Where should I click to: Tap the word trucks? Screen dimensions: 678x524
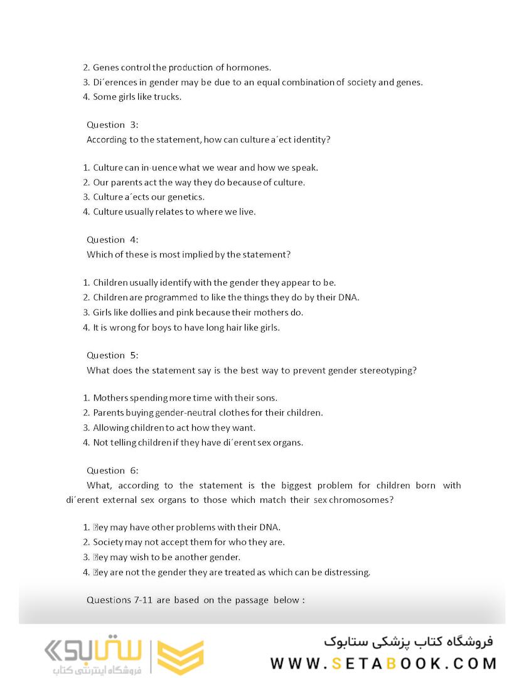coord(169,97)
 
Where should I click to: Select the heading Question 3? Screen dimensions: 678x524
coord(112,125)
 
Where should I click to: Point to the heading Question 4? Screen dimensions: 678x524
coord(112,240)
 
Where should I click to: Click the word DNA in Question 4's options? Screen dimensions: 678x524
coord(348,298)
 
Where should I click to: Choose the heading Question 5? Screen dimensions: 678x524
coord(112,355)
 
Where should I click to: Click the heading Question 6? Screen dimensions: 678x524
coord(112,471)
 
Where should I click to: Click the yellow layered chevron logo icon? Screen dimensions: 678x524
coord(179,657)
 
